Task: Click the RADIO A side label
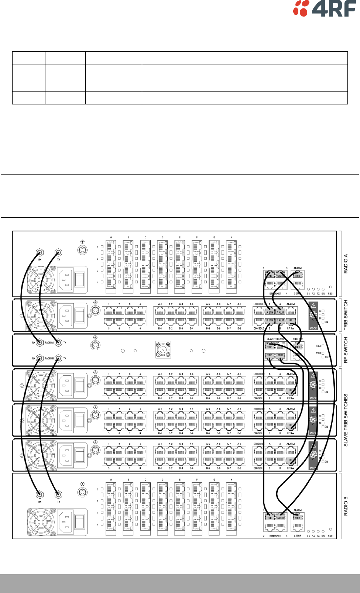click(346, 263)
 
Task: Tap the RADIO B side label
click(346, 506)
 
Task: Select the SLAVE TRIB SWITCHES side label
click(346, 420)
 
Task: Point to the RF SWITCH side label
click(346, 349)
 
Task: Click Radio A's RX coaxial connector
click(40, 253)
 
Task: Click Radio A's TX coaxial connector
click(58, 253)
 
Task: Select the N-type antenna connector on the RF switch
click(163, 349)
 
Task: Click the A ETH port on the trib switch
click(270, 312)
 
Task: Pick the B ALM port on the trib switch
click(280, 320)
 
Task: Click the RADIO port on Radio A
click(280, 275)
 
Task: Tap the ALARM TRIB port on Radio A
click(297, 275)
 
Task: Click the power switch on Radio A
click(80, 279)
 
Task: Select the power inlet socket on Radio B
click(65, 521)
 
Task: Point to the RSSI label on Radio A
click(330, 294)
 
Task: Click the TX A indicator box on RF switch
click(323, 346)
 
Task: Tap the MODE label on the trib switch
click(313, 328)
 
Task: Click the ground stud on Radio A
click(82, 250)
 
